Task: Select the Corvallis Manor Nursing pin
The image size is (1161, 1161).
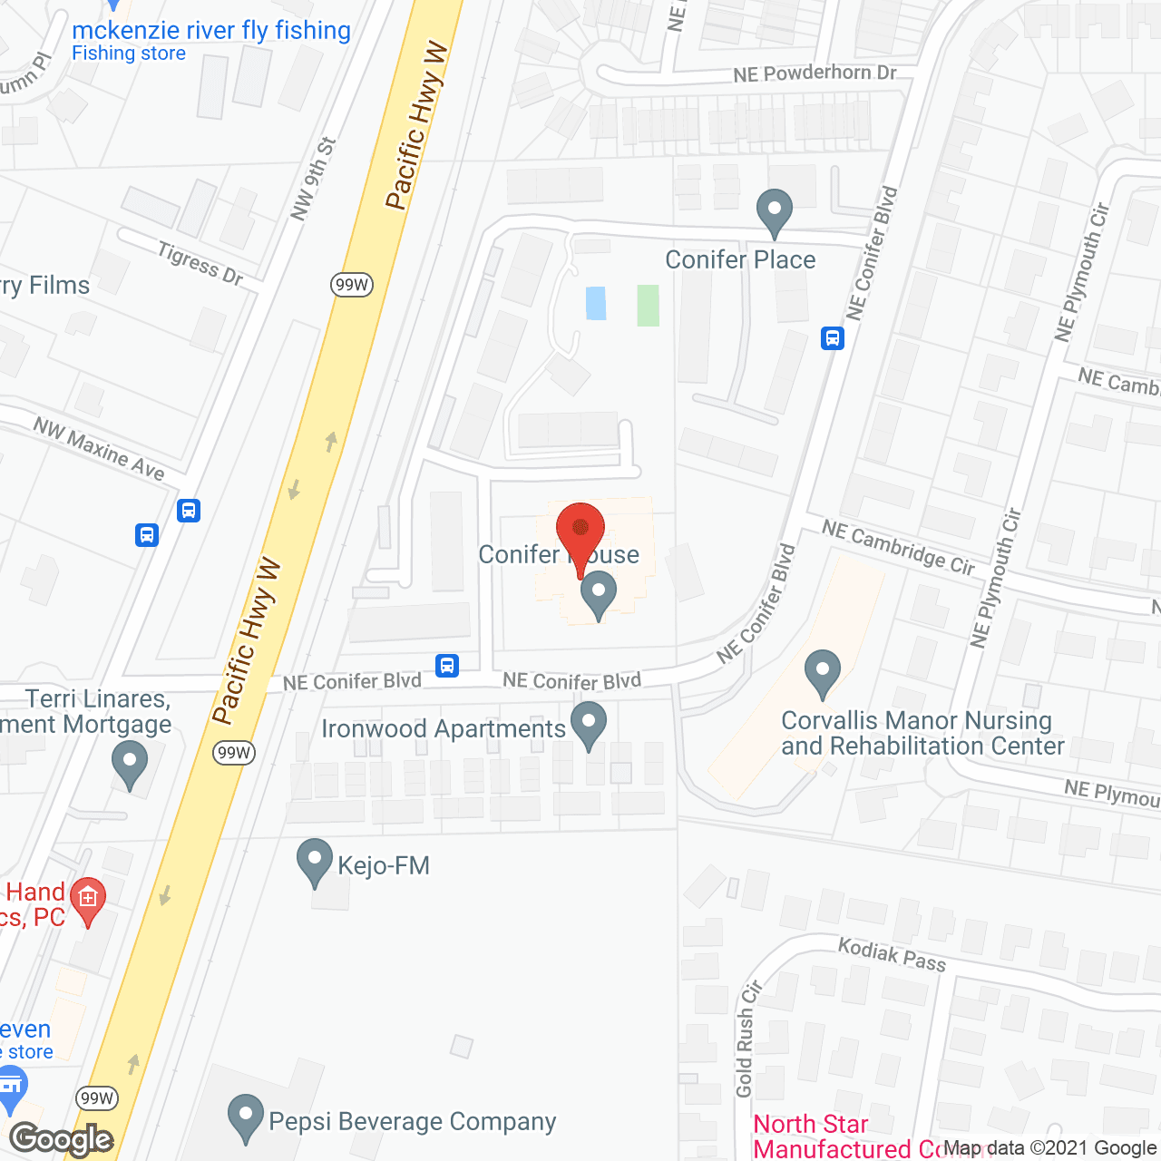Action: tap(823, 673)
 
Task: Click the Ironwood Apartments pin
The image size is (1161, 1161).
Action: tap(590, 725)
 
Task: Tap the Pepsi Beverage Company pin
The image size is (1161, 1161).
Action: tap(245, 1117)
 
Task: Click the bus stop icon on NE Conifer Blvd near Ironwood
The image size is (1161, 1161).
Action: tap(446, 666)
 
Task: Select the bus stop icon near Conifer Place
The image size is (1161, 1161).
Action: tap(833, 338)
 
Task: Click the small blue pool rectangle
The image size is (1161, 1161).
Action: tap(596, 303)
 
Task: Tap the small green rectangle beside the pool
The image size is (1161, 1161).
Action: tap(648, 305)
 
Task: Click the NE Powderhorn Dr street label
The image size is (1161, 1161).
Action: tap(815, 73)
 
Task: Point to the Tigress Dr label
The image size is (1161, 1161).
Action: tap(200, 264)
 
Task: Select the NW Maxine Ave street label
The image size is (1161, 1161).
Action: tap(99, 448)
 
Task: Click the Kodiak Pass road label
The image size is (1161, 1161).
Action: tap(892, 955)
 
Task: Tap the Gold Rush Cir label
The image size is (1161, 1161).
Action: tap(746, 1039)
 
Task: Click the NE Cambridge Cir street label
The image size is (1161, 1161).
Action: tap(898, 547)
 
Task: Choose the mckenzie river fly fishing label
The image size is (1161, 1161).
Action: tap(211, 31)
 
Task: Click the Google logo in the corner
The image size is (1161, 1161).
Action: tap(62, 1139)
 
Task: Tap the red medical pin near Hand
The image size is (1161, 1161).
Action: tap(88, 901)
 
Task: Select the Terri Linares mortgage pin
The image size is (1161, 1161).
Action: tap(130, 764)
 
